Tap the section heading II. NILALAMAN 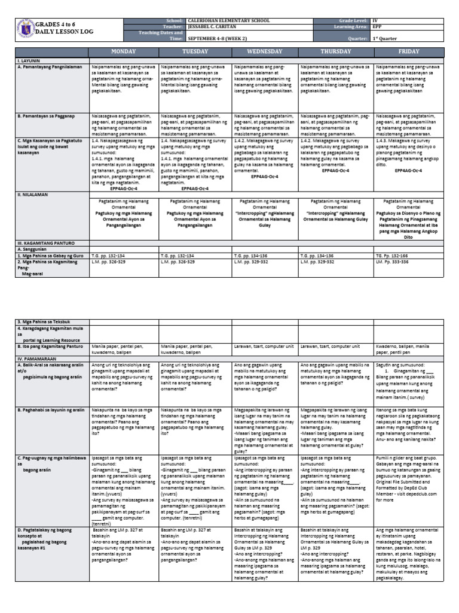pos(30,195)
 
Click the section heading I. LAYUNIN pos(27,61)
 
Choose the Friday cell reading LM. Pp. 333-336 pos(392,262)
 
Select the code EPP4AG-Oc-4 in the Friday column pos(409,170)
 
